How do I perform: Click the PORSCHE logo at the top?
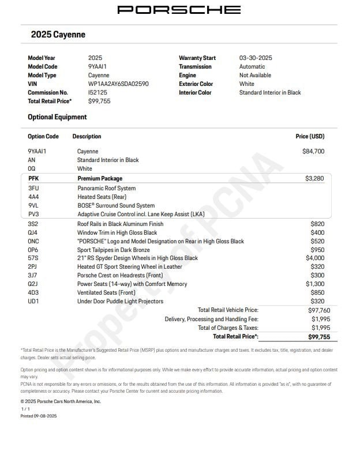179,10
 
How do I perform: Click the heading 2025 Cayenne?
58,35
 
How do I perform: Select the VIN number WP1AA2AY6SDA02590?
118,84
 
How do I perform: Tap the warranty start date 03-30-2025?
256,58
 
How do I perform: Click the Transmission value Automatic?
252,66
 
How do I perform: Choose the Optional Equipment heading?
57,117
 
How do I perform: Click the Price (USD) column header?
310,137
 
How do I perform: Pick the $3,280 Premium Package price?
314,179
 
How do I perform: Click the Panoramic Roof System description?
107,188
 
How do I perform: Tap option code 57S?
33,258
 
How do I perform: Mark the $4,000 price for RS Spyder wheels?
315,258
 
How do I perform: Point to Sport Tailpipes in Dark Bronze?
114,250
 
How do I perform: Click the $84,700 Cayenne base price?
313,151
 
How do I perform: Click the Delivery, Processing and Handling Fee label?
211,319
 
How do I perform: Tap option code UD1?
33,301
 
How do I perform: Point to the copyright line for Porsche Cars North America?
61,401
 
